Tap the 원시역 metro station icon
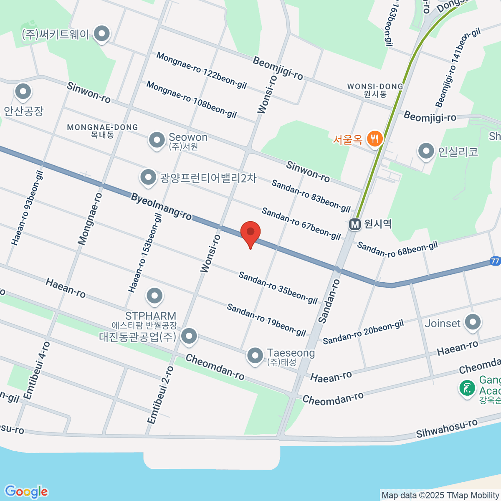pos(355,225)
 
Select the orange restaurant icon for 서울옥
pos(374,139)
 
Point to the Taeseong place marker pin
pos(255,356)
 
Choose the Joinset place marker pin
pos(473,322)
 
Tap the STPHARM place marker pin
pos(155,296)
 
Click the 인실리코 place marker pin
pos(426,152)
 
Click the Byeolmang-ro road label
pos(161,206)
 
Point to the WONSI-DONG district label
pos(375,87)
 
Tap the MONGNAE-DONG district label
pos(102,127)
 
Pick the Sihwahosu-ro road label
pos(447,428)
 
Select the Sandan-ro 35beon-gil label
pos(278,288)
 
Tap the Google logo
pos(26,492)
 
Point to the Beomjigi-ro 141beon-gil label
pos(458,68)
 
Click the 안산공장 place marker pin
pos(23,92)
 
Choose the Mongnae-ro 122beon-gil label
pos(202,71)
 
